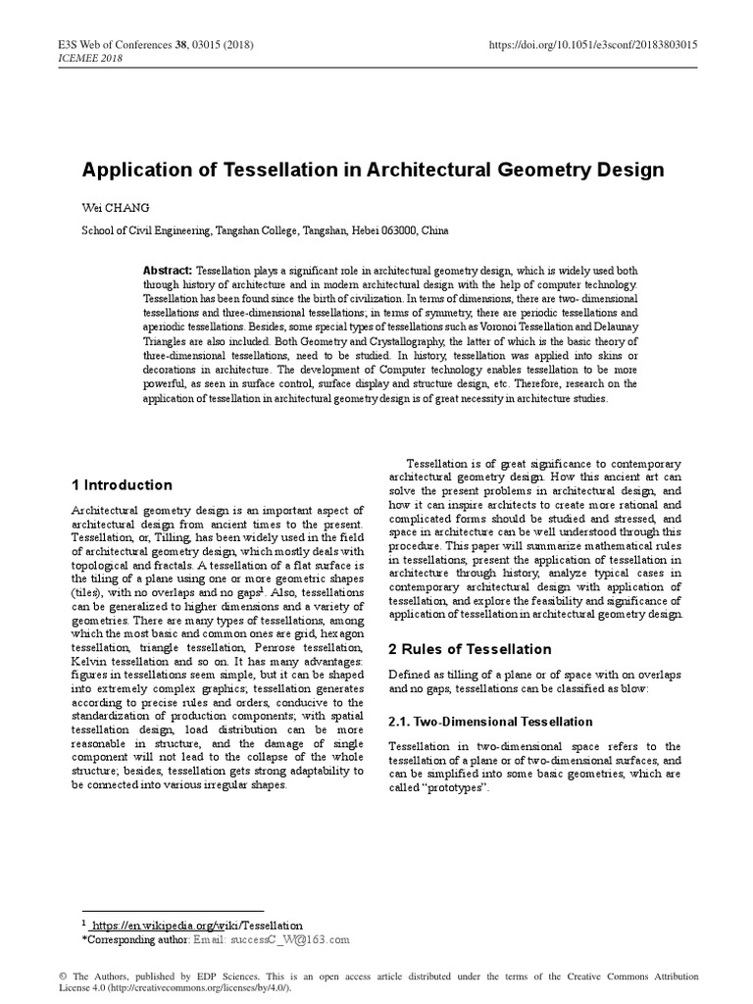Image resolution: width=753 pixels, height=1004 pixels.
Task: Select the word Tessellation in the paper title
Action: [x=253, y=170]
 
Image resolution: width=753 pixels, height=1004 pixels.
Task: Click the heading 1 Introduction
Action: [x=123, y=485]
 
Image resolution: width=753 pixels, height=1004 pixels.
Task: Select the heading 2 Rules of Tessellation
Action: [x=456, y=649]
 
